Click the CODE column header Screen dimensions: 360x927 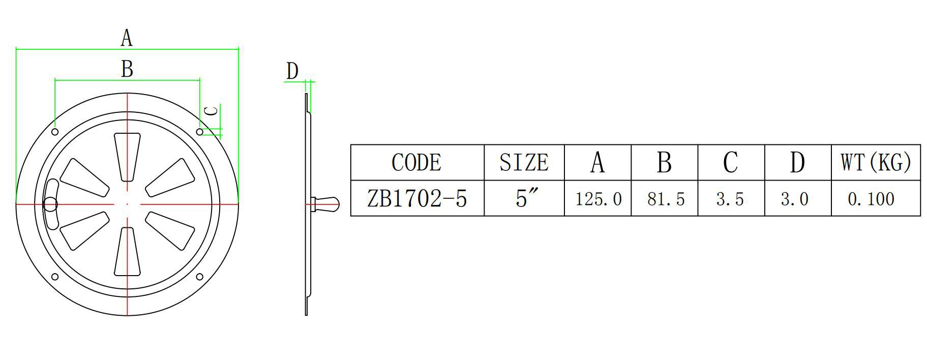416,163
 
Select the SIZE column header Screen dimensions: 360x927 524,163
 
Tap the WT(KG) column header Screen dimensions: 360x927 876,163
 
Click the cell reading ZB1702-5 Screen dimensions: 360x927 416,198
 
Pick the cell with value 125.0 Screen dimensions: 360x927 598,198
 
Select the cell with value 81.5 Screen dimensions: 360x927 665,198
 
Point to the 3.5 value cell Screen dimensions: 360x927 730,198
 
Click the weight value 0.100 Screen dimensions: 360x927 871,198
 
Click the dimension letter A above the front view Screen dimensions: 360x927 127,38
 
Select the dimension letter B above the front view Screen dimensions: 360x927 127,69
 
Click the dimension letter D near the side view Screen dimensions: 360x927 292,71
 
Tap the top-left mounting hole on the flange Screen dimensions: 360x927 55,132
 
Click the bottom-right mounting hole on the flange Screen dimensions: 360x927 200,277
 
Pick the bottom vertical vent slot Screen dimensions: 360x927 127,251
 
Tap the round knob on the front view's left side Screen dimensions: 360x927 50,204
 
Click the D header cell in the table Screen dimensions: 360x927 797,163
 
